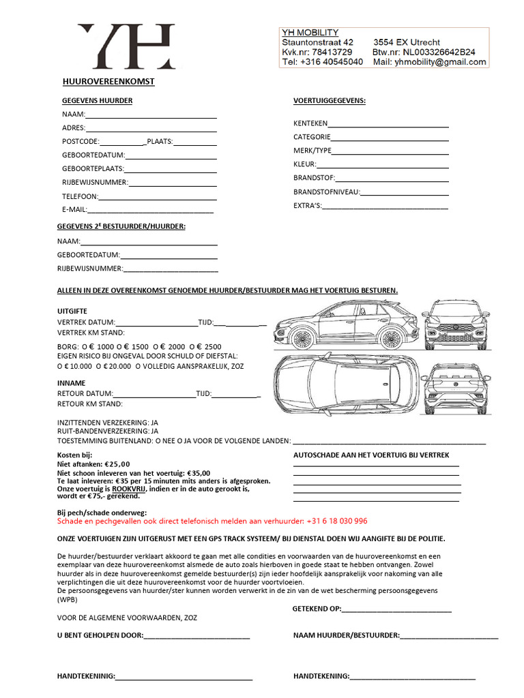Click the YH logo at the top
click(x=126, y=46)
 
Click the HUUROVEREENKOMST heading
click(x=108, y=82)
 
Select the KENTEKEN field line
click(x=388, y=124)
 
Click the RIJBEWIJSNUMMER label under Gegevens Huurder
click(x=95, y=183)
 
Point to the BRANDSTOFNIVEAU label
click(x=326, y=192)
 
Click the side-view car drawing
click(x=347, y=324)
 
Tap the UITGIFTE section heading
click(x=72, y=312)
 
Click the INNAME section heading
click(x=70, y=383)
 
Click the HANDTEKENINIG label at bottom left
click(x=86, y=677)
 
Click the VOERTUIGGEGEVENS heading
click(x=329, y=101)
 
